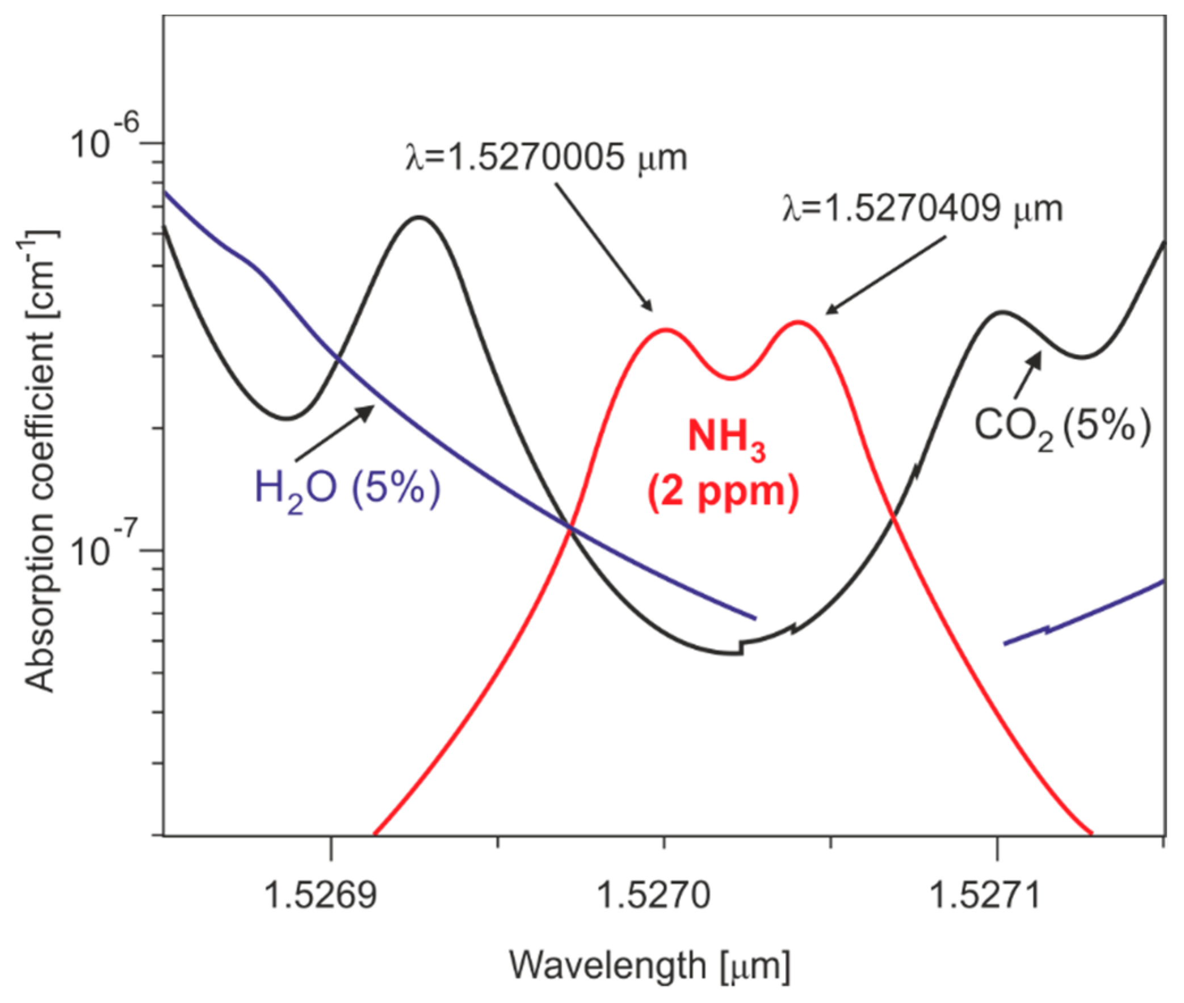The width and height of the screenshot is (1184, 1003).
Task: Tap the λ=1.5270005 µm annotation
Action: pos(546,158)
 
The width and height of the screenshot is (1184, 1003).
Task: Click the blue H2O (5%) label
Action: pos(347,489)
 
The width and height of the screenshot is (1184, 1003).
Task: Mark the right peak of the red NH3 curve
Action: pos(798,322)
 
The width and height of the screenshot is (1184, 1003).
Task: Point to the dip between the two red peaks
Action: pos(733,377)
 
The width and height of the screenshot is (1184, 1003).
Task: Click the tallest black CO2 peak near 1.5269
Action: pos(419,217)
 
